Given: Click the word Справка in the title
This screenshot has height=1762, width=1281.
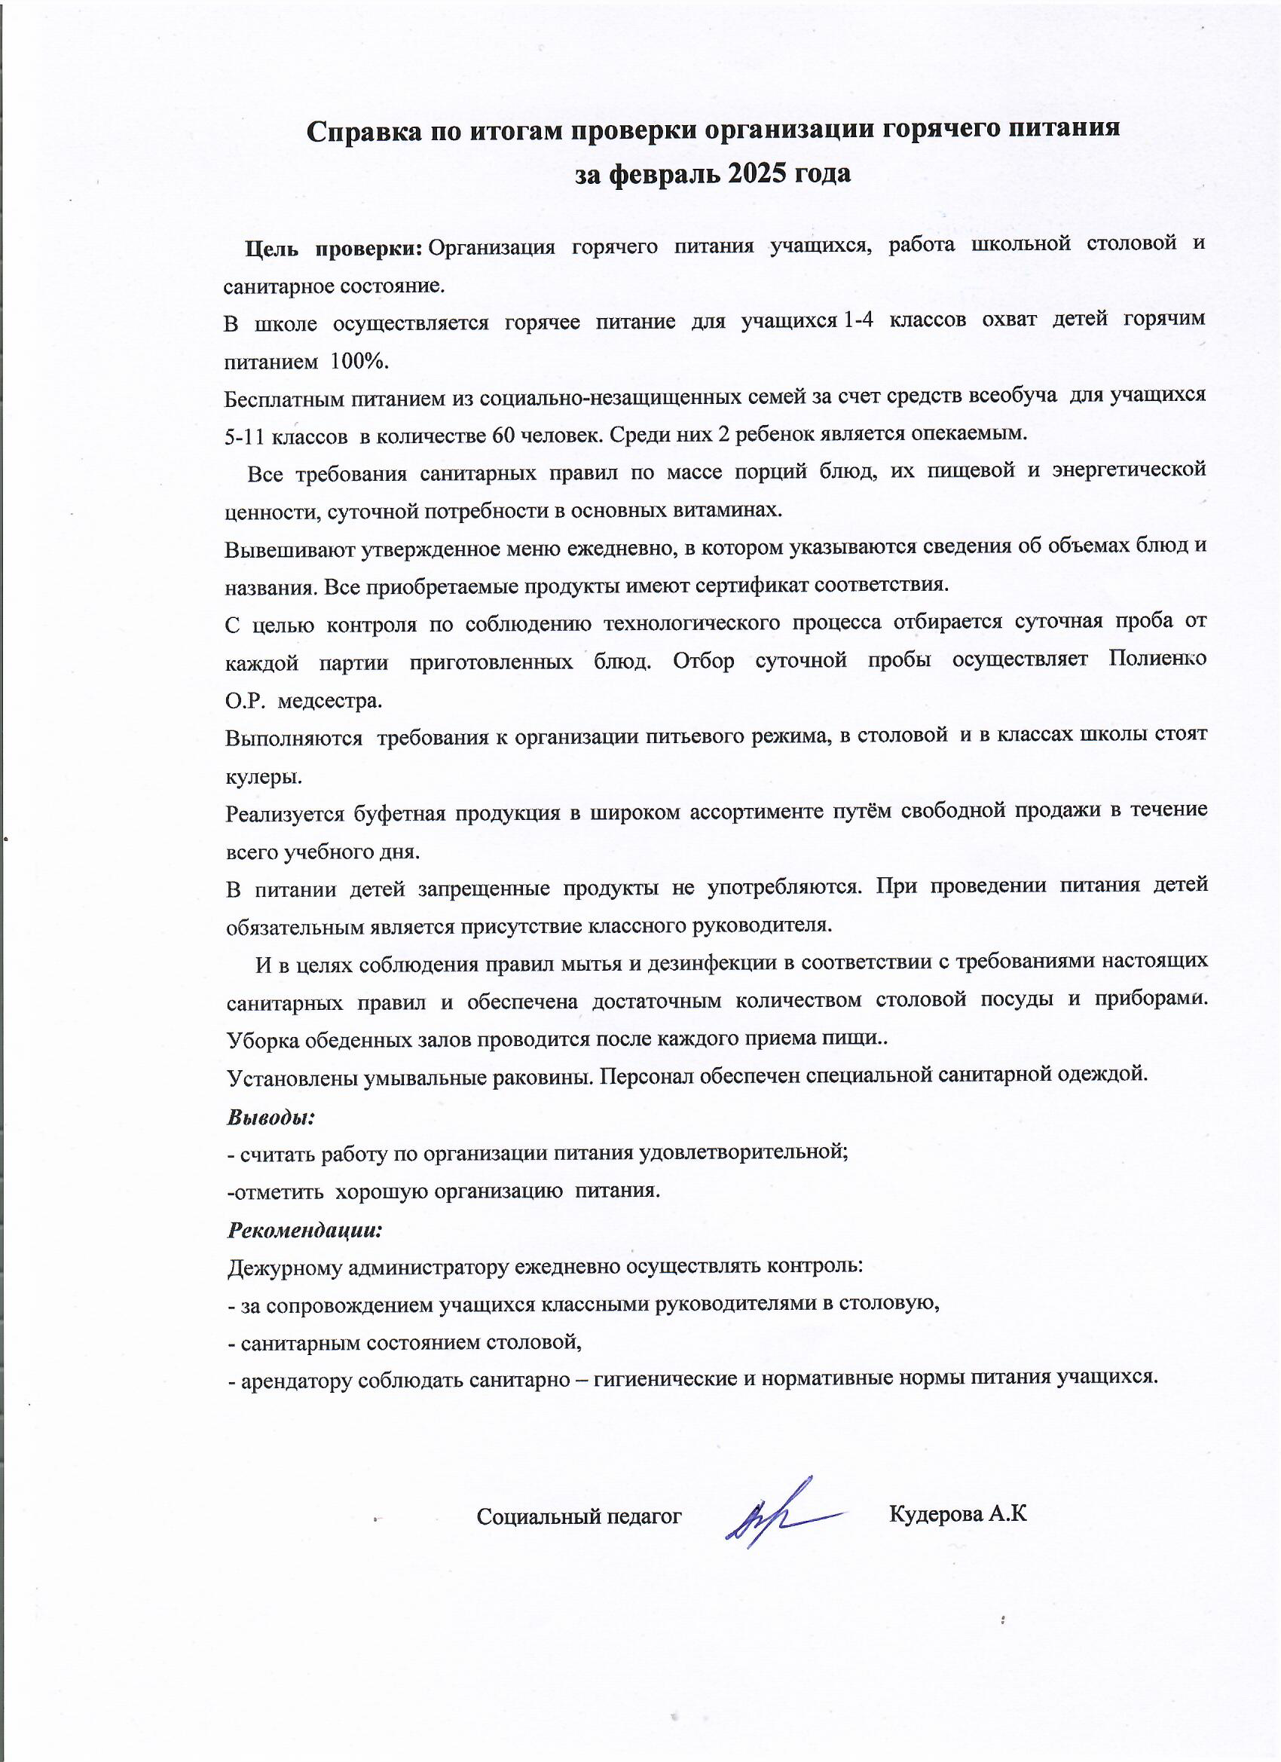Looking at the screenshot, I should (x=358, y=130).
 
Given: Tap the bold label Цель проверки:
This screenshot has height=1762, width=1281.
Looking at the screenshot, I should (x=333, y=248).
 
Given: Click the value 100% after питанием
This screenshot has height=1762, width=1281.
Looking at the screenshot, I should (x=359, y=362).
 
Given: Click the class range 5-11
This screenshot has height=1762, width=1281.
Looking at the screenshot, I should (x=245, y=437).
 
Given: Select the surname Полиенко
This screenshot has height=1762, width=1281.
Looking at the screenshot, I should (x=1157, y=659).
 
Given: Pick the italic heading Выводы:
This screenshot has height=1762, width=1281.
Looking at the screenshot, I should (x=271, y=1118).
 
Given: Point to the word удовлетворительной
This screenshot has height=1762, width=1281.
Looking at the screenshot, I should (x=743, y=1152).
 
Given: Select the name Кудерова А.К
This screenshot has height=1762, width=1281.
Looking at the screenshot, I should (x=957, y=1514).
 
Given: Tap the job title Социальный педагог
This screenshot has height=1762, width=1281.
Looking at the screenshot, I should (x=579, y=1516).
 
